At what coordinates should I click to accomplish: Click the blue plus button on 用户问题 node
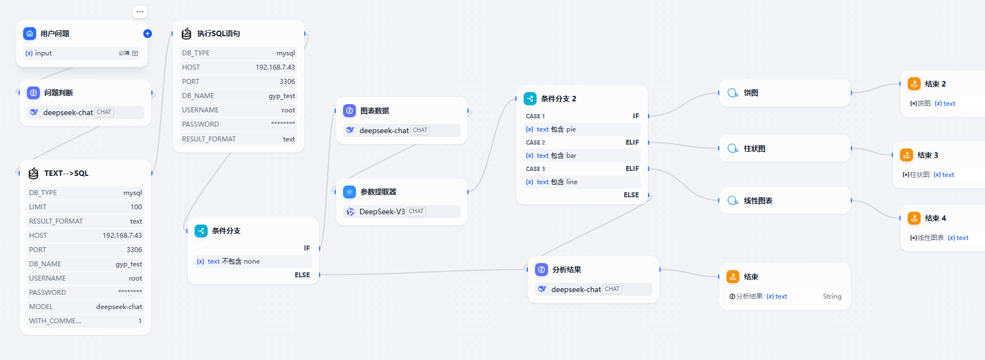(x=147, y=33)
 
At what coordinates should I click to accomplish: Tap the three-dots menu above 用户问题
(x=140, y=12)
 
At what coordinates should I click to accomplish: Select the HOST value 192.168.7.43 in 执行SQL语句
(x=275, y=67)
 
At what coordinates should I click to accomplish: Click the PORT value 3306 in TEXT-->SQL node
(x=134, y=250)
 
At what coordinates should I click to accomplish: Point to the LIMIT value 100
(x=136, y=207)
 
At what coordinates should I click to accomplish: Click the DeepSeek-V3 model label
(x=382, y=212)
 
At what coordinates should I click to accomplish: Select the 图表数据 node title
(x=374, y=111)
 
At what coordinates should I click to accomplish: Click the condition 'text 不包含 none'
(x=234, y=261)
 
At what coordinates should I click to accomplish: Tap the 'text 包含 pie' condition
(x=556, y=129)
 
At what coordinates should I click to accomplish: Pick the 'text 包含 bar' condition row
(x=556, y=156)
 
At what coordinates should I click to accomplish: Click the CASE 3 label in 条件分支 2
(x=535, y=169)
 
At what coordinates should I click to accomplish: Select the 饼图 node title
(x=751, y=93)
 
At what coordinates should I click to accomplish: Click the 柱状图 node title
(x=754, y=148)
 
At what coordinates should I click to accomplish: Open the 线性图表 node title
(x=758, y=201)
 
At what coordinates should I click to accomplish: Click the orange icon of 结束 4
(x=914, y=218)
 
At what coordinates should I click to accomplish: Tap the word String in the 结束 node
(x=832, y=296)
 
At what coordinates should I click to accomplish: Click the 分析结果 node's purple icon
(x=542, y=270)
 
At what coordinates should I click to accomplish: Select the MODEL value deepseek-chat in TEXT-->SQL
(x=119, y=307)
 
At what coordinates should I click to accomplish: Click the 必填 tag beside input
(x=124, y=53)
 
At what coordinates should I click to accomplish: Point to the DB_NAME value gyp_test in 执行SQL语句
(x=281, y=96)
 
